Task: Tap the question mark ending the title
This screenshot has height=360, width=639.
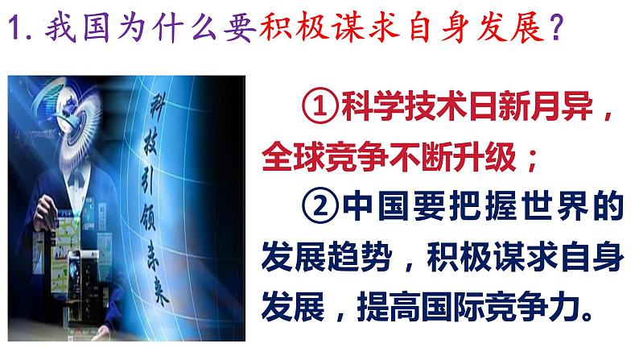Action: click(x=556, y=27)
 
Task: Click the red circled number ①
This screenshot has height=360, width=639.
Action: click(x=320, y=107)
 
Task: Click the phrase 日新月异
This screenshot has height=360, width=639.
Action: click(x=530, y=107)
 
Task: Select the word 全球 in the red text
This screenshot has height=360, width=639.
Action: click(x=293, y=157)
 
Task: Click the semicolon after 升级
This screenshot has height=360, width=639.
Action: click(x=531, y=159)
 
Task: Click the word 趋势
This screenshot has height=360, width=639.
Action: click(x=360, y=256)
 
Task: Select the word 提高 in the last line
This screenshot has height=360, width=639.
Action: click(x=389, y=306)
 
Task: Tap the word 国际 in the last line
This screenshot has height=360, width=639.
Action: click(x=452, y=306)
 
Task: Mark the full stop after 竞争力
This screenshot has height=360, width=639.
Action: click(x=587, y=315)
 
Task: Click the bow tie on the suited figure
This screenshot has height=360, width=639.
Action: click(x=76, y=176)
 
